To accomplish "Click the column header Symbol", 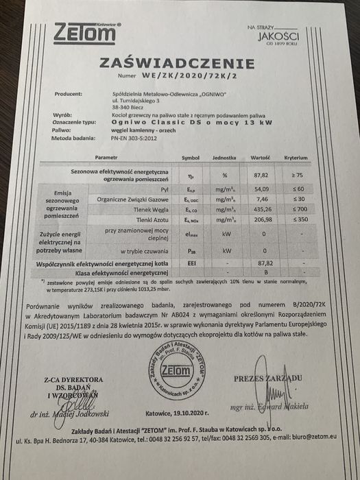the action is (191, 157).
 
